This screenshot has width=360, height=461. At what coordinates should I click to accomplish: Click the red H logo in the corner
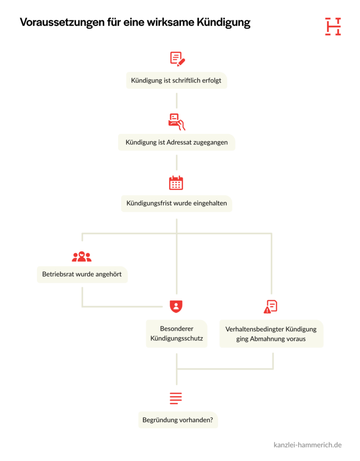pyautogui.click(x=333, y=27)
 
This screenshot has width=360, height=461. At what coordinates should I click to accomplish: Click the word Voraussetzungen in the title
pyautogui.click(x=62, y=23)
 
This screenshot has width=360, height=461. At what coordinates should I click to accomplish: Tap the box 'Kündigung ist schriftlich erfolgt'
pyautogui.click(x=176, y=80)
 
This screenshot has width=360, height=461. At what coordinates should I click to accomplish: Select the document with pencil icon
pyautogui.click(x=177, y=59)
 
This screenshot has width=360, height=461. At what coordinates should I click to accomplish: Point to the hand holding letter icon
pyautogui.click(x=176, y=122)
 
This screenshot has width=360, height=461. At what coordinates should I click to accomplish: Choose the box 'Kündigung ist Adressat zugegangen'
pyautogui.click(x=176, y=142)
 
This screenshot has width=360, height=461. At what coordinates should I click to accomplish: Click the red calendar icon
pyautogui.click(x=176, y=183)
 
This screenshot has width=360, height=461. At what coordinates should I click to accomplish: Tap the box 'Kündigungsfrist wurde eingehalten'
pyautogui.click(x=176, y=203)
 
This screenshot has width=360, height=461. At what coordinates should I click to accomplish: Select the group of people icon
pyautogui.click(x=82, y=257)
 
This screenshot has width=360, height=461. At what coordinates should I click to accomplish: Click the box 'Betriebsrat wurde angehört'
pyautogui.click(x=82, y=275)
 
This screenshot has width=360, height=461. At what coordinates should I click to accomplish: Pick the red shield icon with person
pyautogui.click(x=176, y=306)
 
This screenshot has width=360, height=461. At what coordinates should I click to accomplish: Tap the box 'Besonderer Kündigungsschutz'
pyautogui.click(x=176, y=334)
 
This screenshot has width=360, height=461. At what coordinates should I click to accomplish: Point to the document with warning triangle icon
pyautogui.click(x=270, y=307)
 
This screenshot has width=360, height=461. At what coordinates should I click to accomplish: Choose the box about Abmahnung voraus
pyautogui.click(x=271, y=334)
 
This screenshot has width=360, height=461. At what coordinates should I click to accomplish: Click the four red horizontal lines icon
pyautogui.click(x=176, y=398)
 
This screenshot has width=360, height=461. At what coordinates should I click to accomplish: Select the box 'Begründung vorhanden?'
pyautogui.click(x=178, y=420)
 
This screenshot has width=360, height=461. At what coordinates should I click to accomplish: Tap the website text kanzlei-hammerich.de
pyautogui.click(x=307, y=445)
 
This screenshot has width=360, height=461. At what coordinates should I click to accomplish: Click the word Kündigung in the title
pyautogui.click(x=223, y=23)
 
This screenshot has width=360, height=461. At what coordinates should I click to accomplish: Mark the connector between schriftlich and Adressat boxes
pyautogui.click(x=176, y=100)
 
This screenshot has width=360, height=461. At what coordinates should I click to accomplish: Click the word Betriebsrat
pyautogui.click(x=58, y=274)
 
